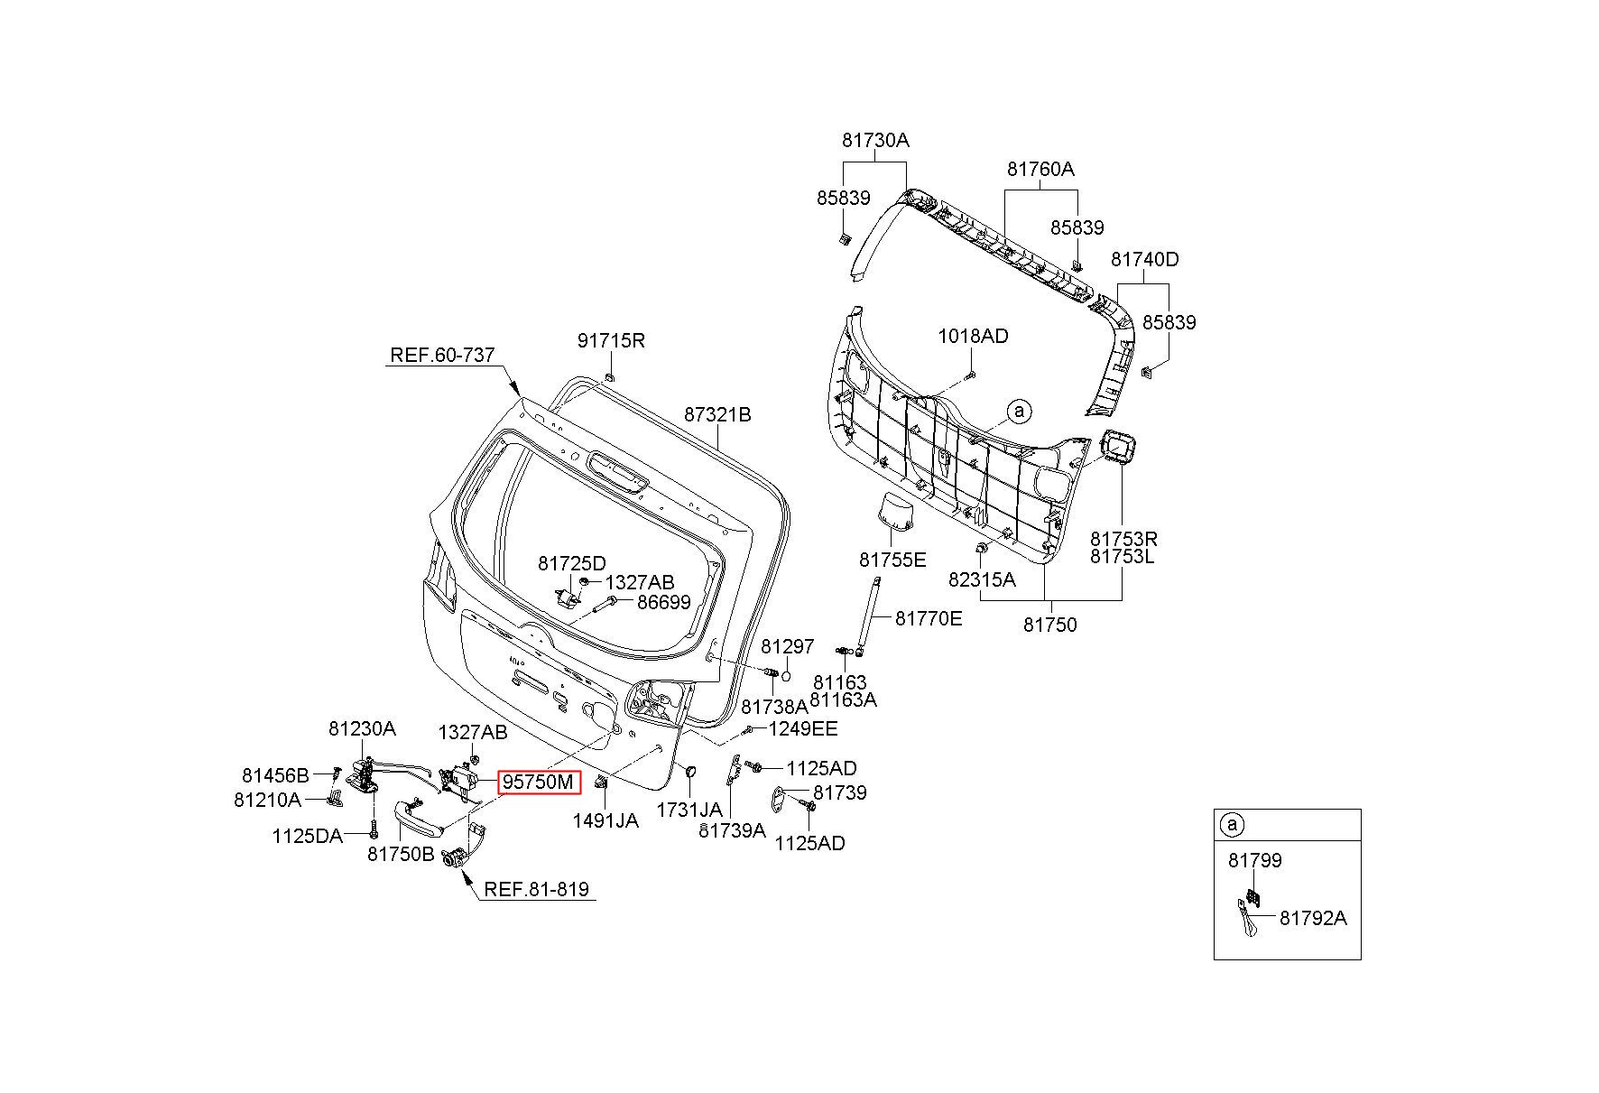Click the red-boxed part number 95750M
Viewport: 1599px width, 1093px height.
539,783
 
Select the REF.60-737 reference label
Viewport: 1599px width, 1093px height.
442,355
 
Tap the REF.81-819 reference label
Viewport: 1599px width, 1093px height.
536,889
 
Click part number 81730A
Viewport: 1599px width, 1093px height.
875,141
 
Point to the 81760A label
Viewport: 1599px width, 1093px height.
1040,170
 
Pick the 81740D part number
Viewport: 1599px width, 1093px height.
1144,260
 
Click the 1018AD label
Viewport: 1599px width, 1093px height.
973,336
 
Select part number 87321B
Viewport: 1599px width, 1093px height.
717,415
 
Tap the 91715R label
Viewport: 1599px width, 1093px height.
611,340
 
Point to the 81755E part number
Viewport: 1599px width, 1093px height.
892,560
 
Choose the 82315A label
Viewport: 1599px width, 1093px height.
982,579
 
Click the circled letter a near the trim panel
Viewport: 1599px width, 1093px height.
1019,412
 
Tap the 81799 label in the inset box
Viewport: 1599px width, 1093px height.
1254,860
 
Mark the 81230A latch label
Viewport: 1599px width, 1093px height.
362,728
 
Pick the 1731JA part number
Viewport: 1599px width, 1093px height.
689,810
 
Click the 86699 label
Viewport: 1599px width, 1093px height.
664,602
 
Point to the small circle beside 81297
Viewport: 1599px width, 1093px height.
786,676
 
